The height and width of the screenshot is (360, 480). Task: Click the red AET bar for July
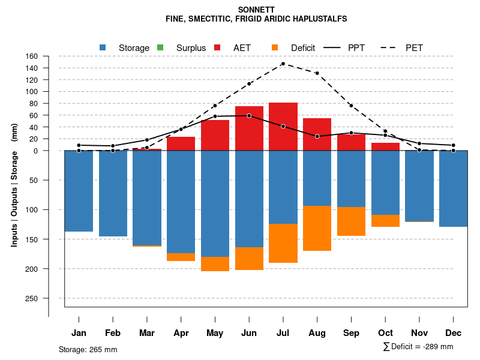pos(283,127)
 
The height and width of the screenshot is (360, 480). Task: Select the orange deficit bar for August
pos(317,228)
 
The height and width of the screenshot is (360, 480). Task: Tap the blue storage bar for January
pos(79,191)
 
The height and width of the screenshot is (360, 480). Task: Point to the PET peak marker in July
pos(283,64)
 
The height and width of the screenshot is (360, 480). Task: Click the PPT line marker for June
pos(249,116)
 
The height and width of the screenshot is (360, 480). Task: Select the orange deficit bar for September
pos(352,221)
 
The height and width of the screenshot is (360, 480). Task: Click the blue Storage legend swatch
pos(103,47)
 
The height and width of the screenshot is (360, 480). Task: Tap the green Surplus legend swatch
pos(160,47)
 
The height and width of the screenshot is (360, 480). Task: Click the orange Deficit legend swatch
pos(275,47)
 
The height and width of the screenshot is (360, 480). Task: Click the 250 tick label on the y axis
pos(32,298)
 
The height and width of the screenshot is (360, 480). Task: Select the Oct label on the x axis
pos(385,333)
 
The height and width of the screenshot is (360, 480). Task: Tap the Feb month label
pos(113,333)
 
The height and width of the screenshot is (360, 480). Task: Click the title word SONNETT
pos(256,10)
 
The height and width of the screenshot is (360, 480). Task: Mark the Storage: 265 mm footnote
pos(88,349)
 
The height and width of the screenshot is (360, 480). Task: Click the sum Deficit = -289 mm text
pos(418,347)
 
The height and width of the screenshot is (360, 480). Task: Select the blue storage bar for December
pos(454,188)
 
